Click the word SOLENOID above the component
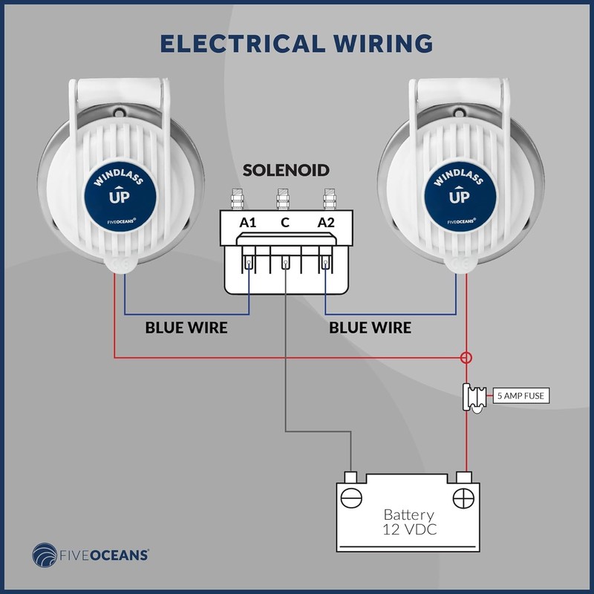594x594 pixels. (x=286, y=172)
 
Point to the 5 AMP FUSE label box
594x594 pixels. (x=520, y=396)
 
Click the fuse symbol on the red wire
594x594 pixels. (x=472, y=396)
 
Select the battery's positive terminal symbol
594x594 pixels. (x=464, y=497)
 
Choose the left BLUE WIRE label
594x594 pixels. (x=186, y=327)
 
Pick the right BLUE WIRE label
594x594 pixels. (x=370, y=327)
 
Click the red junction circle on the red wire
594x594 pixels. (x=466, y=358)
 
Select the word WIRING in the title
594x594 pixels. (x=382, y=43)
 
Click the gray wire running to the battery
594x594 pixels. (x=286, y=371)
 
